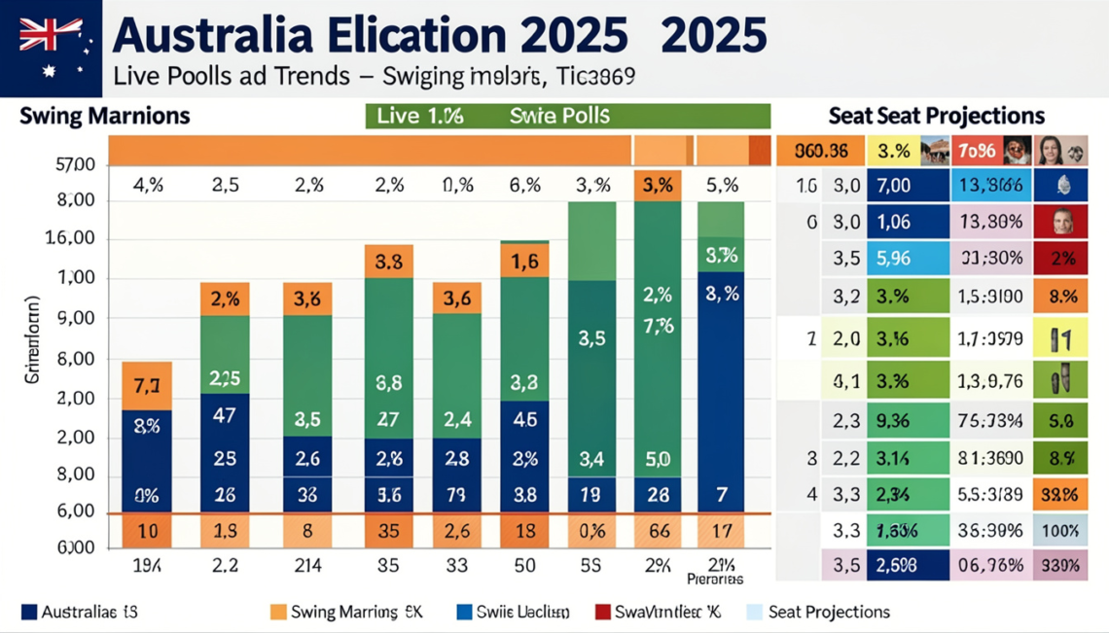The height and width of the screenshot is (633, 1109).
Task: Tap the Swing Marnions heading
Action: (x=104, y=117)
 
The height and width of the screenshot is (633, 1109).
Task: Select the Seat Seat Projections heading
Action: (x=936, y=116)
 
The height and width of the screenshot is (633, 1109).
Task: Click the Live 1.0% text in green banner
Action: (x=419, y=117)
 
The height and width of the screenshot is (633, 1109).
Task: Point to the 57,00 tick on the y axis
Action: (x=77, y=164)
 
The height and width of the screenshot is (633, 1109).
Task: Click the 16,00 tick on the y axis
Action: (x=77, y=239)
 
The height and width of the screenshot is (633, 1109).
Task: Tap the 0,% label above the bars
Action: (x=456, y=185)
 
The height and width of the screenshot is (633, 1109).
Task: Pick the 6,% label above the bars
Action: (x=524, y=185)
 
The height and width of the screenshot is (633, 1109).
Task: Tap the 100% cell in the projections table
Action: (x=1059, y=531)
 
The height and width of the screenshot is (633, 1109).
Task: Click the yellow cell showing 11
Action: (x=1059, y=339)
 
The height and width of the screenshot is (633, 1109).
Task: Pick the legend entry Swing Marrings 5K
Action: (x=346, y=613)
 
